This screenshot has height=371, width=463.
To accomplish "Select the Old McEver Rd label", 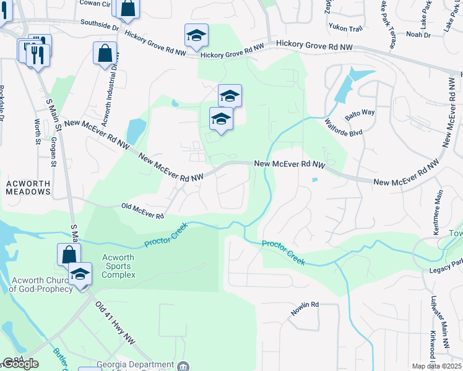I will pyautogui.click(x=142, y=211).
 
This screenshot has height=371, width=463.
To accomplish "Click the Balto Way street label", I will pyautogui.click(x=360, y=113).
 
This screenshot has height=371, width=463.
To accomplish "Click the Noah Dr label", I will pyautogui.click(x=418, y=35).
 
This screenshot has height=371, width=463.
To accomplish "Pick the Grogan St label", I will pyautogui.click(x=53, y=152).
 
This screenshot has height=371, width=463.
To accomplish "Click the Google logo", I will pyautogui.click(x=20, y=364).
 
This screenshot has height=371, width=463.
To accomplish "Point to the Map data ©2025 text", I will pyautogui.click(x=436, y=366).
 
